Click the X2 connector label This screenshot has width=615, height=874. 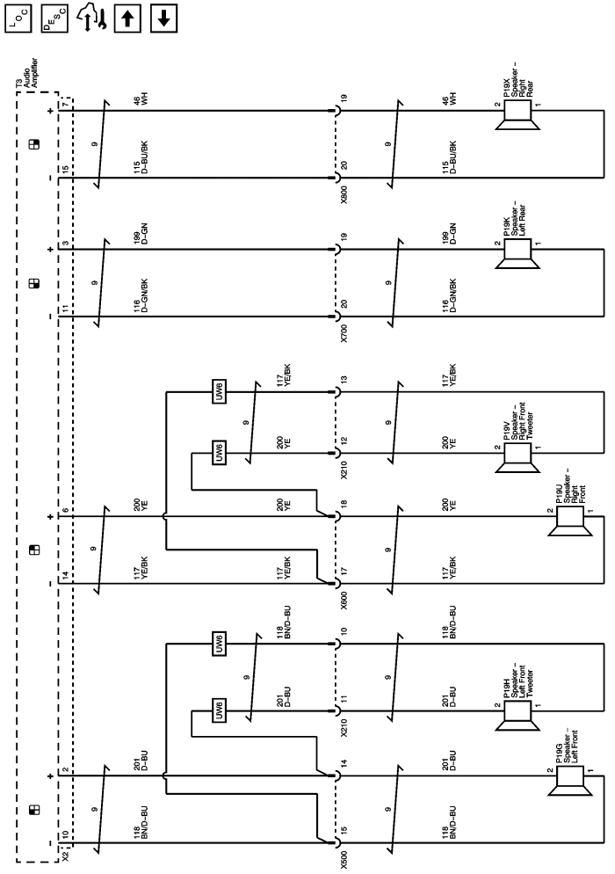click(66, 852)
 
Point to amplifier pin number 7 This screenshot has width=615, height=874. click(64, 106)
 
